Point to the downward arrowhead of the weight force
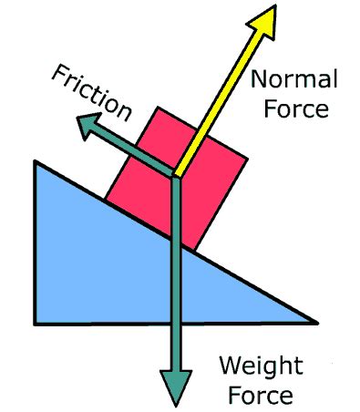[174, 383]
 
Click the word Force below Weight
[259, 396]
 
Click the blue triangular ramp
[91, 264]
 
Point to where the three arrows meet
[174, 175]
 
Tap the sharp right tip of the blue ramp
[318, 323]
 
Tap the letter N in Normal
[259, 81]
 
